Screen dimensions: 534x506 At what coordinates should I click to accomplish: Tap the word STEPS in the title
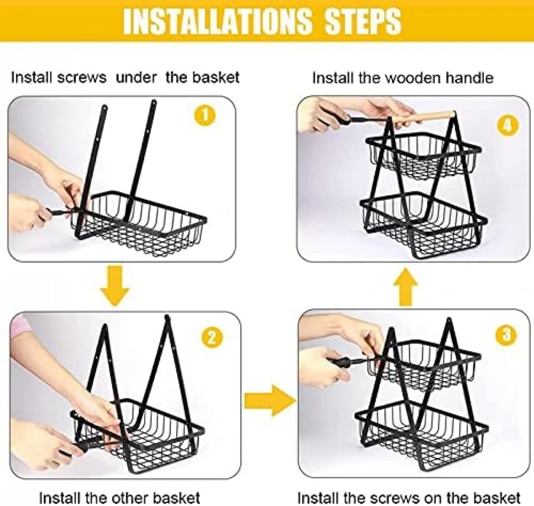[363, 21]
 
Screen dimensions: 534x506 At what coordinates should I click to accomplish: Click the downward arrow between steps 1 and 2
[115, 285]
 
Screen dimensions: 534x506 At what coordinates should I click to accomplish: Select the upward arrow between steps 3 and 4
[405, 287]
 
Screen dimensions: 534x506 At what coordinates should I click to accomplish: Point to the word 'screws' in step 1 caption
[81, 78]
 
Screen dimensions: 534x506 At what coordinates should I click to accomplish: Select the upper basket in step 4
[424, 157]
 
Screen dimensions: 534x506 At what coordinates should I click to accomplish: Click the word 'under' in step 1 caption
[136, 78]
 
